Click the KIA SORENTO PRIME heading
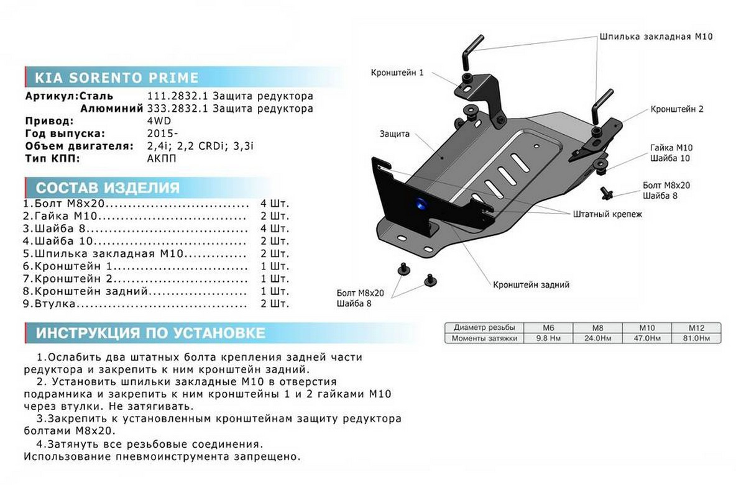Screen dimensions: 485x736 pos(116,78)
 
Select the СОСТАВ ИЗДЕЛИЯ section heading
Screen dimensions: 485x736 pos(108,188)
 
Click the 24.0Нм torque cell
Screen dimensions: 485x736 pos(596,338)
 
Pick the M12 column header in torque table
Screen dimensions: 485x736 pos(696,328)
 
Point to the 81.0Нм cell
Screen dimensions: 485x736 pos(696,338)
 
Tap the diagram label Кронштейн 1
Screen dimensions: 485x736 pos(398,73)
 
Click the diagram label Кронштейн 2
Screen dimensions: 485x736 pos(677,109)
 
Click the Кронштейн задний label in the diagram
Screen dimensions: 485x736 pos(531,285)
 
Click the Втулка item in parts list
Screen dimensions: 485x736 pos(55,304)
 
